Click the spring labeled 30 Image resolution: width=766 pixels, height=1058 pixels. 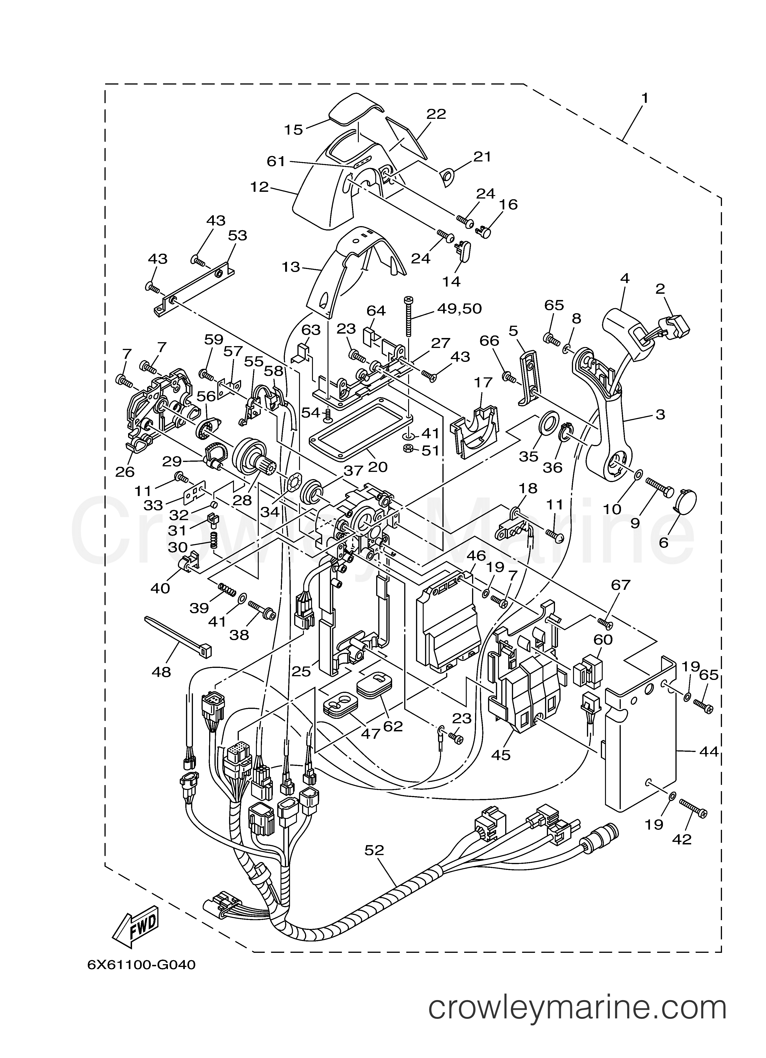point(214,540)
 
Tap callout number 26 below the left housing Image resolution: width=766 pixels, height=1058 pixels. point(125,472)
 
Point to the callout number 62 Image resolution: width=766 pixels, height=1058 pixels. point(393,726)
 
